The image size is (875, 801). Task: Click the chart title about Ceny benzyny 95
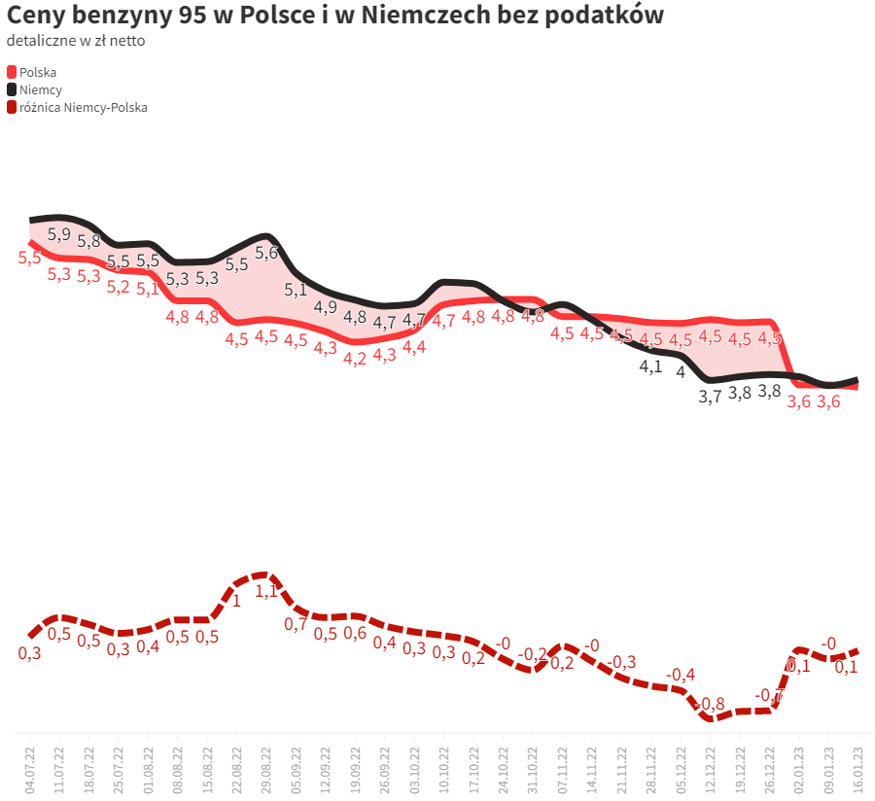pyautogui.click(x=335, y=17)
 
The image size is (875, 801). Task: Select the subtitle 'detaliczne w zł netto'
pyautogui.click(x=76, y=41)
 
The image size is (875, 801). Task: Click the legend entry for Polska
pyautogui.click(x=37, y=72)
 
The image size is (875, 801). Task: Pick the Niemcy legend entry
pyautogui.click(x=40, y=89)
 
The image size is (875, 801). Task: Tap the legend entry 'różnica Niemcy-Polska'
pyautogui.click(x=83, y=108)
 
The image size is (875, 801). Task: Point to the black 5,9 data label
pyautogui.click(x=59, y=234)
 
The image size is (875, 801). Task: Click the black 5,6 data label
pyautogui.click(x=266, y=253)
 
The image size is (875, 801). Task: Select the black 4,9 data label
pyautogui.click(x=326, y=307)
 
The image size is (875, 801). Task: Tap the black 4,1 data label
pyautogui.click(x=650, y=366)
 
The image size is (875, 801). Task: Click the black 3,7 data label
pyautogui.click(x=711, y=397)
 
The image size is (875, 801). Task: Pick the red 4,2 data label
pyautogui.click(x=355, y=358)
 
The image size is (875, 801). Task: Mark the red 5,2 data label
pyautogui.click(x=118, y=287)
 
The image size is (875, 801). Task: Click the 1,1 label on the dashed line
pyautogui.click(x=266, y=590)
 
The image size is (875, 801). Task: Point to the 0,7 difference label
pyautogui.click(x=296, y=624)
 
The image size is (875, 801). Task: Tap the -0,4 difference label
pyautogui.click(x=681, y=675)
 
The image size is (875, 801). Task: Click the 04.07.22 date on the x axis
pyautogui.click(x=30, y=764)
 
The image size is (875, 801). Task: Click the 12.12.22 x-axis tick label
pyautogui.click(x=711, y=764)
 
